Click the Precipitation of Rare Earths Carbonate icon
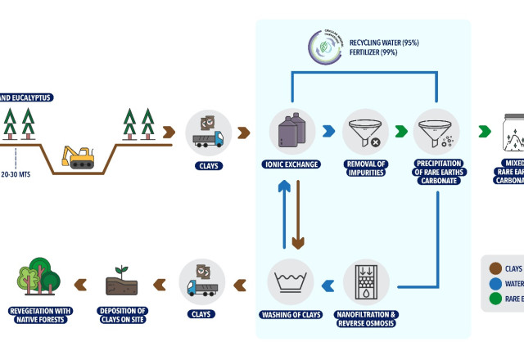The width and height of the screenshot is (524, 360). coord(436,131)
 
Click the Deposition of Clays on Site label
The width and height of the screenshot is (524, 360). coord(122,315)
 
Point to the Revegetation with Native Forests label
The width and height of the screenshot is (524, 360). coord(40,315)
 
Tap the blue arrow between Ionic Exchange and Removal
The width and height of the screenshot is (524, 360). coord(327,130)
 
